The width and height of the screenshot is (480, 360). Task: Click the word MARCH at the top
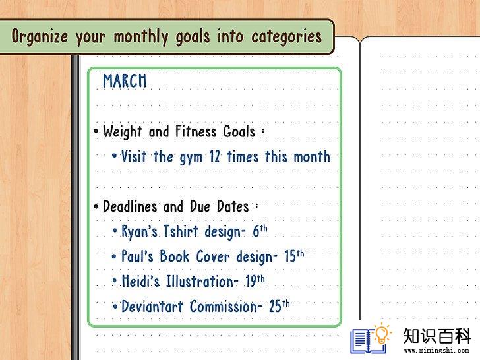pyautogui.click(x=125, y=81)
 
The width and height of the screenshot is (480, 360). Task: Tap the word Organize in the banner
pyautogui.click(x=40, y=36)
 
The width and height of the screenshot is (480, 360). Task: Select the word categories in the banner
pyautogui.click(x=287, y=37)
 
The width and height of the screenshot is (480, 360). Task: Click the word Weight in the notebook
pyautogui.click(x=123, y=132)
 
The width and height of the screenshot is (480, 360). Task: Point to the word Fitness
pyautogui.click(x=196, y=131)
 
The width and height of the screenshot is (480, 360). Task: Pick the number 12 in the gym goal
pyautogui.click(x=214, y=156)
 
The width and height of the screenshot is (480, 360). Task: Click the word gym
pyautogui.click(x=191, y=158)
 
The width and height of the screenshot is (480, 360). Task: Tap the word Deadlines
pyautogui.click(x=130, y=206)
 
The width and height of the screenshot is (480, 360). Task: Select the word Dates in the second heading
pyautogui.click(x=233, y=206)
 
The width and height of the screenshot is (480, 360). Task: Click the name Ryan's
pyautogui.click(x=139, y=231)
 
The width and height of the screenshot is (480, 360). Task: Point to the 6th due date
pyautogui.click(x=260, y=231)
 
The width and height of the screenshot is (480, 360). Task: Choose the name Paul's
pyautogui.click(x=137, y=256)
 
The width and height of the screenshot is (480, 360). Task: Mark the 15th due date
pyautogui.click(x=294, y=256)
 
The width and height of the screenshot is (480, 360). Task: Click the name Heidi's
pyautogui.click(x=140, y=281)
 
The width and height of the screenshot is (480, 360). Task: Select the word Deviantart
pyautogui.click(x=152, y=306)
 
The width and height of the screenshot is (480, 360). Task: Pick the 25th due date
pyautogui.click(x=279, y=305)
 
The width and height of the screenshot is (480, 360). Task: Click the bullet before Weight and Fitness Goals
pyautogui.click(x=96, y=131)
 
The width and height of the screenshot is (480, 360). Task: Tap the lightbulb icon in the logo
pyautogui.click(x=381, y=334)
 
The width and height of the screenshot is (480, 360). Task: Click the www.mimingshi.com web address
pyautogui.click(x=436, y=351)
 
